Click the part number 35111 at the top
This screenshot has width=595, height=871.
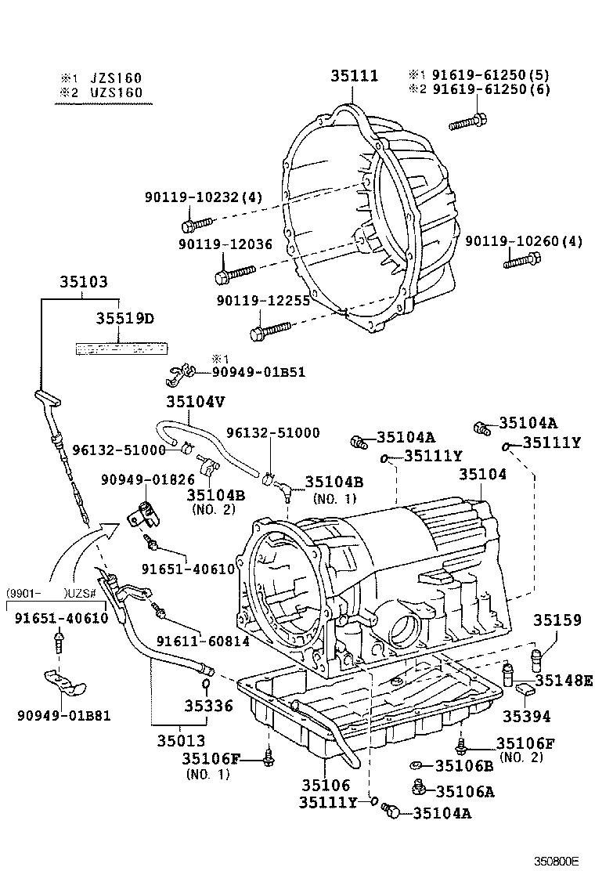pos(353,76)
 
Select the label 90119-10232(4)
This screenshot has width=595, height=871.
pos(203,198)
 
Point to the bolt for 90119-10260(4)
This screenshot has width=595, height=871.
pos(521,262)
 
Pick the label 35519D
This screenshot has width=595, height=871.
pos(124,319)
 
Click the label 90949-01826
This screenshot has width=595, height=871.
pos(142,479)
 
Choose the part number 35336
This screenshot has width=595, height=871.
pos(208,706)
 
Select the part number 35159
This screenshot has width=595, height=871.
pos(558,620)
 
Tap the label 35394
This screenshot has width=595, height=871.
pos(526,715)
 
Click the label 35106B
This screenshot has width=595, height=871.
pos(464,765)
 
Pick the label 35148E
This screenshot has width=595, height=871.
pos(564,681)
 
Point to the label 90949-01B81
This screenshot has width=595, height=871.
pos(63,714)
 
